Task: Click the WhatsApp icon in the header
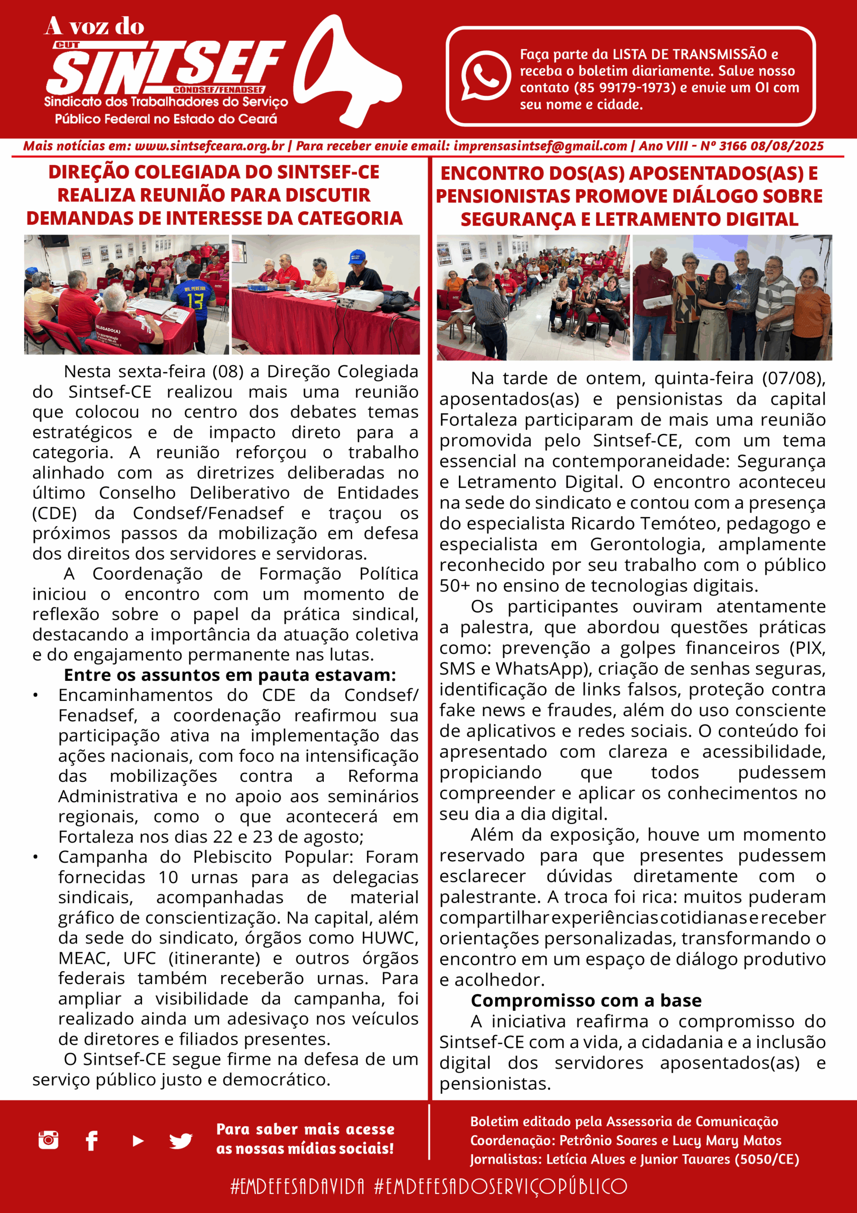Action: coord(485,75)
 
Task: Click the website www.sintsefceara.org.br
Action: coord(209,146)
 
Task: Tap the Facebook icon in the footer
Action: coord(91,1141)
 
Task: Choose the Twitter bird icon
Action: coord(180,1141)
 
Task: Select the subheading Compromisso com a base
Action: coord(586,1001)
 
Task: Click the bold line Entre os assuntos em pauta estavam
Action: coord(230,675)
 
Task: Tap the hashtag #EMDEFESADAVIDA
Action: coord(297,1186)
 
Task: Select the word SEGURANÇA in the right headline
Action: coord(518,219)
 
